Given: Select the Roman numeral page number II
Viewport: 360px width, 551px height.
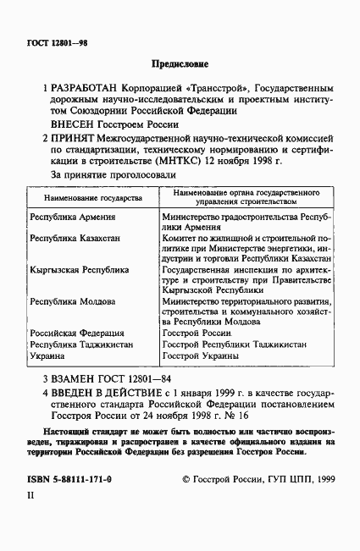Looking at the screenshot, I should click(30, 519).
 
